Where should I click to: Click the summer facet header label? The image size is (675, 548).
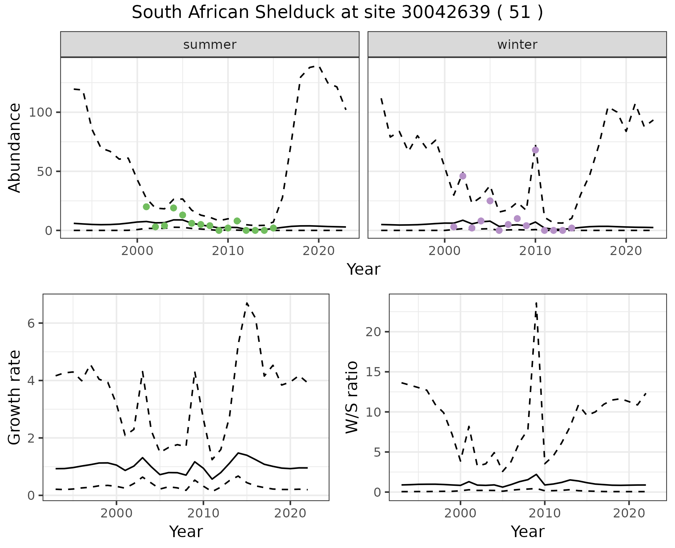click(210, 45)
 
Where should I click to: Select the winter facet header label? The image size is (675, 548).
click(517, 45)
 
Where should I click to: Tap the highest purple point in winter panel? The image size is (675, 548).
click(535, 150)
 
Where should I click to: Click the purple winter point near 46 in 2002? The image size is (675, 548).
click(463, 176)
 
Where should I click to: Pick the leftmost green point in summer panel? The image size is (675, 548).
click(146, 207)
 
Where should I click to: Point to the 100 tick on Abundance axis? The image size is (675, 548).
click(42, 112)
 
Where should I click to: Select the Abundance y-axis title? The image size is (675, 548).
click(14, 148)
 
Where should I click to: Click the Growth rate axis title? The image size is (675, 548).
click(14, 397)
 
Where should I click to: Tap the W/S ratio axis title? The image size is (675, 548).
click(352, 397)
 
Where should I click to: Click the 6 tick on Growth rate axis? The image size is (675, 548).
click(31, 323)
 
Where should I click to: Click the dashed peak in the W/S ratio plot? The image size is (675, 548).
click(536, 303)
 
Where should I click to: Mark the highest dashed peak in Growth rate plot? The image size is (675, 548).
click(247, 303)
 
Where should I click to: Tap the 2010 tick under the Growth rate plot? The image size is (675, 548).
click(203, 513)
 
